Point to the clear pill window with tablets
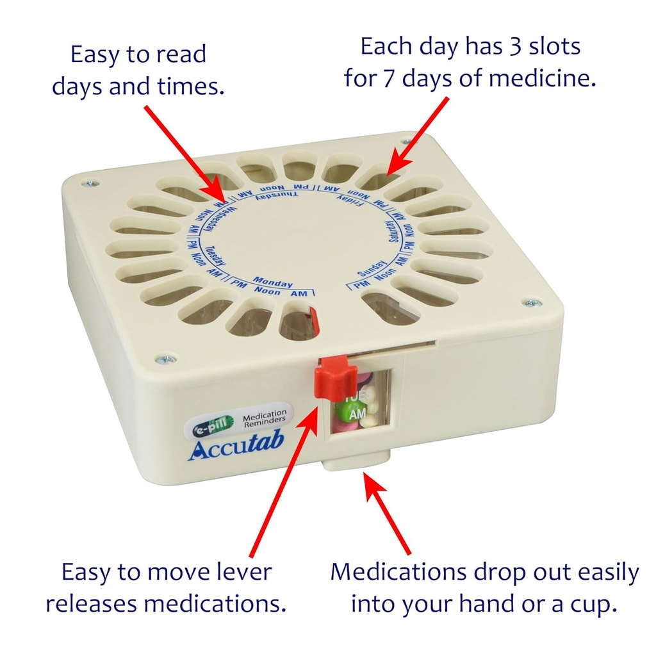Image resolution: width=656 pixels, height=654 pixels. (360, 405)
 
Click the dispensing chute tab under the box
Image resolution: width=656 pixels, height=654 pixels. (356, 459)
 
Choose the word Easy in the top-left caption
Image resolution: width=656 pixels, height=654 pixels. (95, 54)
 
